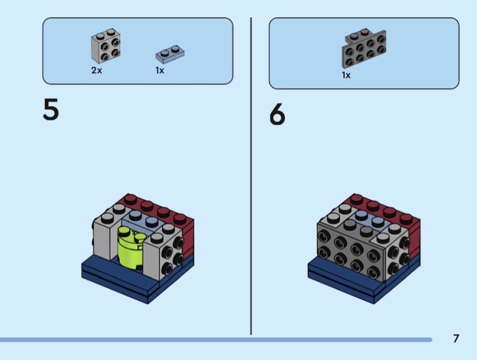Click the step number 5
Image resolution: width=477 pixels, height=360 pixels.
(51, 110)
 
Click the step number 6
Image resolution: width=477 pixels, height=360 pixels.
(277, 114)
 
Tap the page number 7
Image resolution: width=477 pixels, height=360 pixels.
(456, 339)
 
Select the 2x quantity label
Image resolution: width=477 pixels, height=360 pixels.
(97, 70)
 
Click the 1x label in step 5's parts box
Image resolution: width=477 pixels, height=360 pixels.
(160, 70)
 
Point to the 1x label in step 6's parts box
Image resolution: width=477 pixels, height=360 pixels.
(346, 75)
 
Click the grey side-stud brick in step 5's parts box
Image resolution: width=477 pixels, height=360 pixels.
(106, 46)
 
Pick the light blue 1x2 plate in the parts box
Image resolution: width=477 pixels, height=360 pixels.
(170, 54)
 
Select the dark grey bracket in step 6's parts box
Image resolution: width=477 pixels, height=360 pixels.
(364, 49)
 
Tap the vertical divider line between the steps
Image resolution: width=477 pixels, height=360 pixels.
(251, 176)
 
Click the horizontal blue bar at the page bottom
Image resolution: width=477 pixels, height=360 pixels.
(216, 340)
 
